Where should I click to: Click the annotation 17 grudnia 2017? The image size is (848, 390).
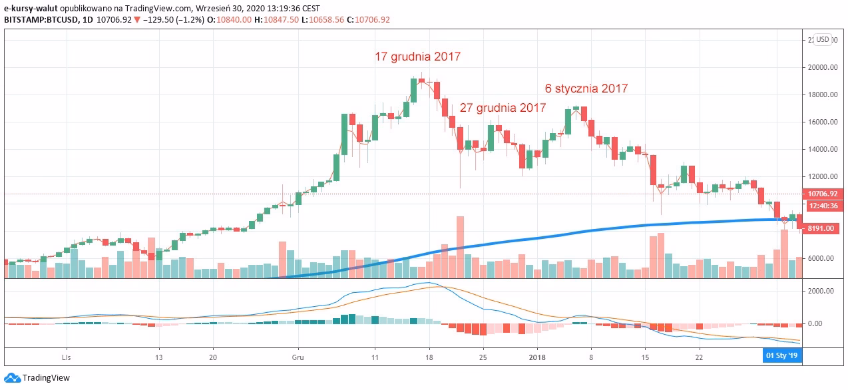pos(417,57)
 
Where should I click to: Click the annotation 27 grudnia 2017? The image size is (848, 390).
pos(503,107)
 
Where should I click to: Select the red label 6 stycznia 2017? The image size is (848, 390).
pos(586,88)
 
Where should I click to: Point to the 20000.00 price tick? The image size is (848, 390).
pos(822,67)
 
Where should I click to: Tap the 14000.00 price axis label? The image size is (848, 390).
pos(822,149)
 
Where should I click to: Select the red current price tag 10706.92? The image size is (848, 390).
pos(823,194)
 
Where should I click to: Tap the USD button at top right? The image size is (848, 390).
pos(823,39)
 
